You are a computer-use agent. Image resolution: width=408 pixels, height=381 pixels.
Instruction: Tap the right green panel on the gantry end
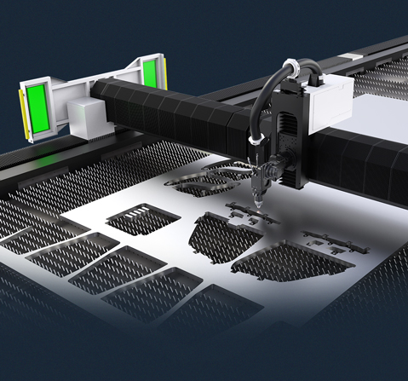[x=151, y=71]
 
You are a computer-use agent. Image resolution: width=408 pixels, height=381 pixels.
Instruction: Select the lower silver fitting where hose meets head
[x=255, y=140]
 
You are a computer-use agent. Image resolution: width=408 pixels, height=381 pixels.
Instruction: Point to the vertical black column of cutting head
[x=291, y=136]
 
